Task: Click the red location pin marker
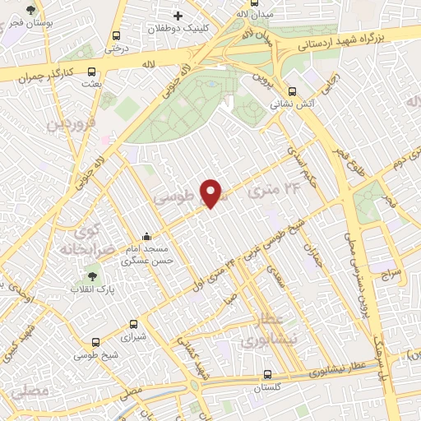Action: (x=211, y=193)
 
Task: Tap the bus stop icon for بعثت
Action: (x=90, y=72)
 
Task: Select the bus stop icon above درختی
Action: (x=115, y=36)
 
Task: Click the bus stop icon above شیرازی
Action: (x=135, y=325)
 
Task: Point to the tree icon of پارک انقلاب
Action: (x=90, y=276)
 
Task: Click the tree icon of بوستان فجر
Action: (x=31, y=11)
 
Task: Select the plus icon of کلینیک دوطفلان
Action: (x=178, y=16)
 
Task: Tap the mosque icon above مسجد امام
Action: (x=147, y=238)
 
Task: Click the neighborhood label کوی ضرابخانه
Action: (x=81, y=238)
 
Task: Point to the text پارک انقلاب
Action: (x=91, y=290)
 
